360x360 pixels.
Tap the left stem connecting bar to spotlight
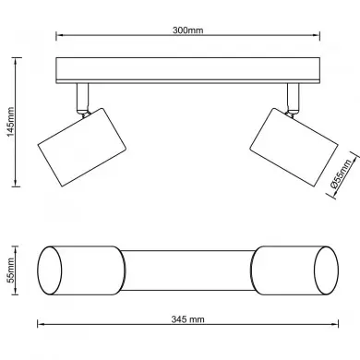tap(79, 96)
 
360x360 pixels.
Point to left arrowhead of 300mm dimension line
tap(59, 38)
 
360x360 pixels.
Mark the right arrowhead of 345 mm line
tap(337, 326)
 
